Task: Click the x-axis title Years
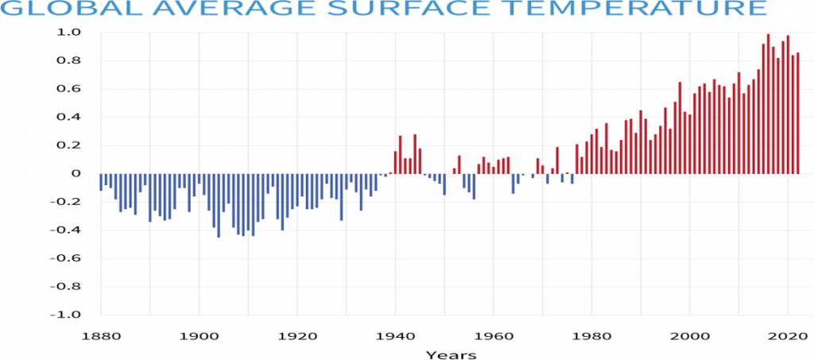(x=451, y=354)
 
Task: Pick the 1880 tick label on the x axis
(x=101, y=335)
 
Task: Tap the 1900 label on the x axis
(x=200, y=335)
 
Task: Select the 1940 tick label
(x=395, y=335)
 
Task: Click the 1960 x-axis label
(x=494, y=335)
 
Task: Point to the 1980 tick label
(x=591, y=335)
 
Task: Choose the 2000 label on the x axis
(x=689, y=335)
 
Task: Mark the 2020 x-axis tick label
(x=787, y=335)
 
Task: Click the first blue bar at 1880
(x=101, y=182)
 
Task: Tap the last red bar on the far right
(x=797, y=114)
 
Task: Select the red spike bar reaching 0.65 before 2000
(x=680, y=128)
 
